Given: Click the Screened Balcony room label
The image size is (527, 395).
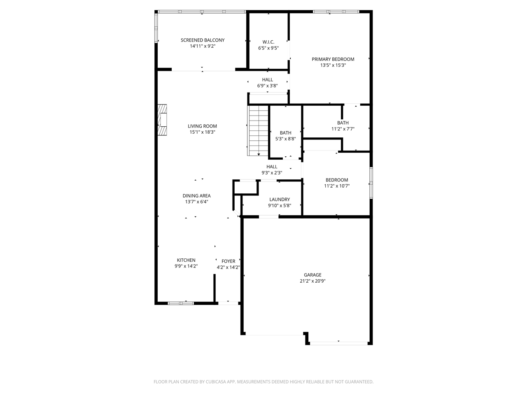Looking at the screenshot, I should pyautogui.click(x=203, y=40).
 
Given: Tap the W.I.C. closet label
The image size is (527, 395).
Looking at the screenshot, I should pyautogui.click(x=268, y=42).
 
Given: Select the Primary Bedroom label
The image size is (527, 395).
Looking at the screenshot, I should pyautogui.click(x=333, y=59).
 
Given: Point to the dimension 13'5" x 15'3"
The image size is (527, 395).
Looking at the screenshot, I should pyautogui.click(x=333, y=65).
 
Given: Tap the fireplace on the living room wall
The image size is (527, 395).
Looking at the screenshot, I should pyautogui.click(x=163, y=119).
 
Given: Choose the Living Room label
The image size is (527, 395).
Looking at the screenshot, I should pyautogui.click(x=202, y=126).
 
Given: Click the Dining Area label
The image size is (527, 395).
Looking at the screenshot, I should pyautogui.click(x=196, y=196).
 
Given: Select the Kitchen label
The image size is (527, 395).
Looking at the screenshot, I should pyautogui.click(x=186, y=260).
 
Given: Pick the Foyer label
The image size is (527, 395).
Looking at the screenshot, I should pyautogui.click(x=229, y=261).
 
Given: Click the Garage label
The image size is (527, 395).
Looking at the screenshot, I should pyautogui.click(x=312, y=275).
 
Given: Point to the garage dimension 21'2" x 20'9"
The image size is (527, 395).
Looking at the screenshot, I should pyautogui.click(x=313, y=281).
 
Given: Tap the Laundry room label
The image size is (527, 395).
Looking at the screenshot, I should pyautogui.click(x=280, y=200).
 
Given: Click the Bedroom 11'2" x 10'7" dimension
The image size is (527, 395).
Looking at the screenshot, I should pyautogui.click(x=337, y=186).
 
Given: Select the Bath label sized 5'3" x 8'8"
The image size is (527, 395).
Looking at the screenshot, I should pyautogui.click(x=285, y=133).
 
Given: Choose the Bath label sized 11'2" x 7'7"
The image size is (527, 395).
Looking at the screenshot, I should pyautogui.click(x=343, y=123).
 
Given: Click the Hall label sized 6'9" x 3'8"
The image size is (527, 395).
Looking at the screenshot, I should pyautogui.click(x=268, y=80).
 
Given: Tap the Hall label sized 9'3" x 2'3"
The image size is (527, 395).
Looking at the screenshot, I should pyautogui.click(x=272, y=167).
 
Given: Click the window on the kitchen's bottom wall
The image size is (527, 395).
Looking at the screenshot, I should pyautogui.click(x=181, y=303).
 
